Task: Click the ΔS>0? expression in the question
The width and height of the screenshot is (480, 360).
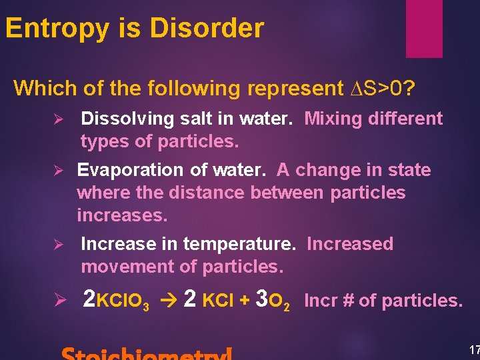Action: (x=387, y=87)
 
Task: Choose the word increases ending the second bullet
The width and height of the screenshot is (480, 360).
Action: (x=122, y=215)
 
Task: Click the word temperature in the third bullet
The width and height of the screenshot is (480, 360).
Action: (x=238, y=244)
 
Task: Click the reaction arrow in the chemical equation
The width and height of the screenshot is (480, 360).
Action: (x=170, y=301)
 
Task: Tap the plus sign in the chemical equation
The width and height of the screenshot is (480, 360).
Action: (x=245, y=301)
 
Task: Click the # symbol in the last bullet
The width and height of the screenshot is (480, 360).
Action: (x=347, y=301)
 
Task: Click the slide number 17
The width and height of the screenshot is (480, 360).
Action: (x=474, y=350)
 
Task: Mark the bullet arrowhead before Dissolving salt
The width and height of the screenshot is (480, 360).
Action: (x=59, y=119)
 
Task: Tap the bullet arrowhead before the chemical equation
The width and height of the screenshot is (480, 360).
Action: (x=59, y=301)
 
